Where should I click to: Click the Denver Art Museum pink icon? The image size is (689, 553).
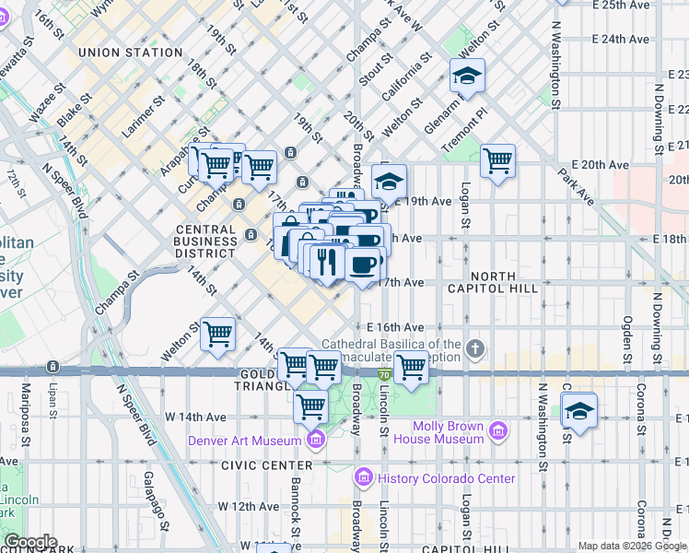(x=317, y=440)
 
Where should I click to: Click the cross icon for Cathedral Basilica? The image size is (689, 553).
(x=474, y=348)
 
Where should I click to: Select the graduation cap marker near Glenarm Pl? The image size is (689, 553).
(x=467, y=77)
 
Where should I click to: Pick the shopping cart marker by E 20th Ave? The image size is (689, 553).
(x=497, y=161)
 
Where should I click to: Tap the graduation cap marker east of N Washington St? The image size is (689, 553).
(x=579, y=411)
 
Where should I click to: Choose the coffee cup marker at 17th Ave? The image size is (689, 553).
(x=363, y=265)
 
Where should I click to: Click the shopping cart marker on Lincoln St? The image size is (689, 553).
(x=411, y=367)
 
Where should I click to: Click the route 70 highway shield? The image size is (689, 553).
(x=383, y=373)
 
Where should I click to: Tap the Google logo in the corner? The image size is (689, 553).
(x=30, y=542)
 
